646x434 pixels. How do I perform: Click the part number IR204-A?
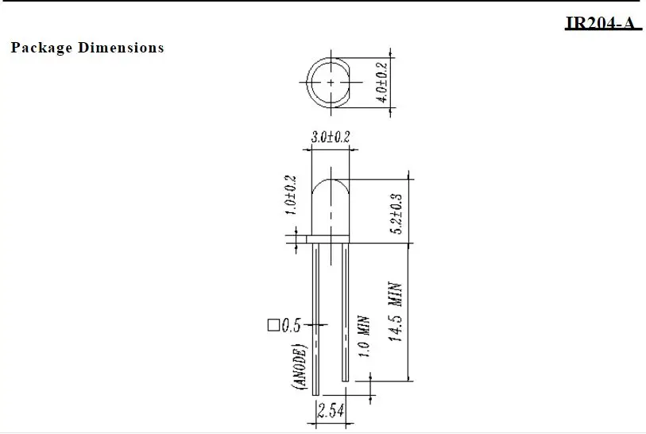coord(602,22)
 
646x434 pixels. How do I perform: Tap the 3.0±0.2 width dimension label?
coord(330,138)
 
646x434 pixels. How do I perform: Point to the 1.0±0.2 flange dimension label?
coord(290,196)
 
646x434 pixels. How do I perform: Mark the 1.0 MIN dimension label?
coord(363,339)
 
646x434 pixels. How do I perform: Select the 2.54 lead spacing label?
coord(330,411)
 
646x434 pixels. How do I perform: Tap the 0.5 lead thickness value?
coord(291,325)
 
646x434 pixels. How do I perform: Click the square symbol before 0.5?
coord(273,325)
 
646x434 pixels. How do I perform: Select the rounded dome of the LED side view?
coord(331,191)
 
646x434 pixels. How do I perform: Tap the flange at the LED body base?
coord(331,238)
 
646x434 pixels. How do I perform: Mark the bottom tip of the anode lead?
coord(316,393)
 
